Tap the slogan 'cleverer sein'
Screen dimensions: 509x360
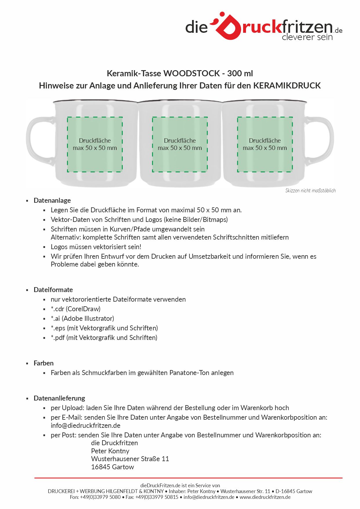(307, 37)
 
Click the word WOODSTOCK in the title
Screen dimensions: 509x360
(192, 73)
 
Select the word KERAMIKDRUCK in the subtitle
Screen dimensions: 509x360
(287, 86)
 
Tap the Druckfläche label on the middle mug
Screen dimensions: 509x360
(180, 141)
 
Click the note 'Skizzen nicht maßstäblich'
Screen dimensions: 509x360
(310, 191)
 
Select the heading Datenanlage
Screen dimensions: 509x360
(52, 200)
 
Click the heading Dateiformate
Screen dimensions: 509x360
(53, 290)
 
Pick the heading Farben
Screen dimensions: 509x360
(44, 363)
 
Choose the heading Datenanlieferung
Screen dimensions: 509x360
(59, 398)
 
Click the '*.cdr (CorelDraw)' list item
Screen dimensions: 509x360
(76, 309)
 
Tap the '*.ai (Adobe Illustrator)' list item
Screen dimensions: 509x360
(82, 318)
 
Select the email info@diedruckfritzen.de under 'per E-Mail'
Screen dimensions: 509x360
(86, 425)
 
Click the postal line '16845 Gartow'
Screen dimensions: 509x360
(113, 467)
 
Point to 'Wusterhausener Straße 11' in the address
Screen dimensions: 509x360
(130, 459)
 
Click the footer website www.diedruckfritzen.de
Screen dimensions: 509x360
(265, 497)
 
